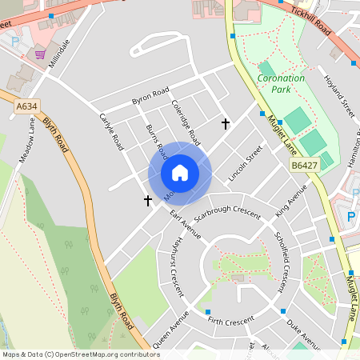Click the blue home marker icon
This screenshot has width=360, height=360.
180,173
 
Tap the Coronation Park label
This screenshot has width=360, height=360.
281,84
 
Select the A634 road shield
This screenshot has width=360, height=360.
26,106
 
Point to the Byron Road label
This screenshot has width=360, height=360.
150,97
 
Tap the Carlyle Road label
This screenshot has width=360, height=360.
111,131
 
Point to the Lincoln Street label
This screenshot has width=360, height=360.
245,163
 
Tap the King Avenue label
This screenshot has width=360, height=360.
291,200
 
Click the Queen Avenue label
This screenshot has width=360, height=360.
169,330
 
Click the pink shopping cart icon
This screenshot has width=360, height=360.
40,54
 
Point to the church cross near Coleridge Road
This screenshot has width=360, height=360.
226,124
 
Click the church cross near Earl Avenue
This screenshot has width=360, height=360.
148,200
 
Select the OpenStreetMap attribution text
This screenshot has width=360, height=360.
80,354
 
